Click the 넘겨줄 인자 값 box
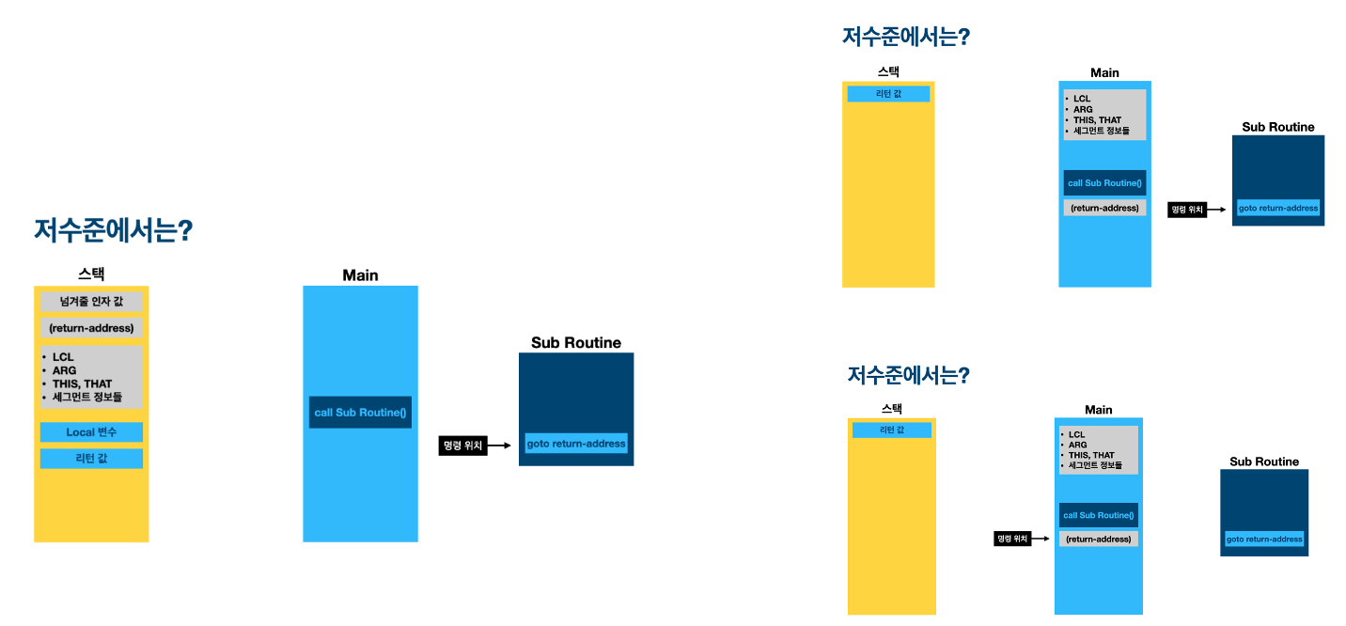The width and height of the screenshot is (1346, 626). (x=91, y=302)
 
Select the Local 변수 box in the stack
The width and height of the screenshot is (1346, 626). (x=91, y=432)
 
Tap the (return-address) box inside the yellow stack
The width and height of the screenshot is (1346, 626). (x=91, y=329)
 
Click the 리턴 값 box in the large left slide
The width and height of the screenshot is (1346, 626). (x=91, y=459)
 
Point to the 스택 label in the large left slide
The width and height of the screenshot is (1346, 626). (x=91, y=274)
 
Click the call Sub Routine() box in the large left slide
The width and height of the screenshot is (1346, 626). (x=360, y=413)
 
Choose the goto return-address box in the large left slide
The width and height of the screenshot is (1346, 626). (x=575, y=444)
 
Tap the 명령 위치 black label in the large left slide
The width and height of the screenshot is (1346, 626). (x=461, y=446)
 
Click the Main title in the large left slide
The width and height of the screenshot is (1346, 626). (x=360, y=275)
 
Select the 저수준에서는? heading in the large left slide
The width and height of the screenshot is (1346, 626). (x=113, y=231)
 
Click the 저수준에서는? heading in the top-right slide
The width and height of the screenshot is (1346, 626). (x=906, y=38)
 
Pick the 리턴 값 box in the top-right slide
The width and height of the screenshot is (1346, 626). (x=888, y=94)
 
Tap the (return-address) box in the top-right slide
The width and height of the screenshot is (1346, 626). (x=1104, y=208)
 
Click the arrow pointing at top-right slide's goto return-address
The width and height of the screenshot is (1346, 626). (x=1218, y=211)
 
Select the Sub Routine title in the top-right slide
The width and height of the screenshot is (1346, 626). (x=1277, y=127)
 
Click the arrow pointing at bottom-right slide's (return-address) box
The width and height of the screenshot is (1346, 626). (x=1042, y=540)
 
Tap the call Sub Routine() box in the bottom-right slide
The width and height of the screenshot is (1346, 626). (x=1098, y=515)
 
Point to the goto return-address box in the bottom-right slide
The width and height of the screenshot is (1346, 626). (x=1264, y=540)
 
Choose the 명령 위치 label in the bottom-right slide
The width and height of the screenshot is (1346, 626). (x=1012, y=540)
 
